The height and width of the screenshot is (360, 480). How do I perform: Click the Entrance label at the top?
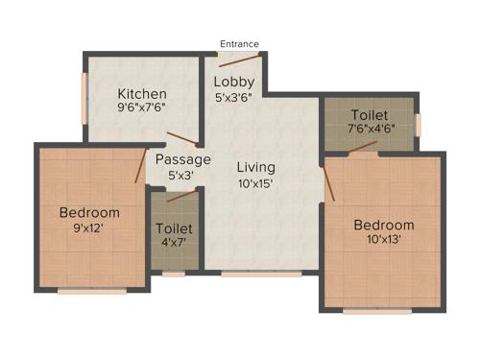[x=239, y=43]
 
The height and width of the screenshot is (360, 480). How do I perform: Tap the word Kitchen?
[x=142, y=93]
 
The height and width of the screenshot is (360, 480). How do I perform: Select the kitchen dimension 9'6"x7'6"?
[x=142, y=109]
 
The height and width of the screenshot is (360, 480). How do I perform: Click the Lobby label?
[x=233, y=81]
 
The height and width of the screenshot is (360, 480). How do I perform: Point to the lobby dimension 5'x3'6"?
[x=233, y=97]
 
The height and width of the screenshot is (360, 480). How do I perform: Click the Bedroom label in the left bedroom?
[x=88, y=212]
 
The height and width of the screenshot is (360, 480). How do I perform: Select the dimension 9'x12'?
[x=88, y=228]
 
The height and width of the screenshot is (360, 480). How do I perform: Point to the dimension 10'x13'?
[x=383, y=241]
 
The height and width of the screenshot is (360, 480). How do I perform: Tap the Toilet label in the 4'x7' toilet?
[x=174, y=228]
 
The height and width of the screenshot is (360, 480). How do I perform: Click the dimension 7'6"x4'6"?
[x=370, y=130]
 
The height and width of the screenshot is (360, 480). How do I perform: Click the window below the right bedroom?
[x=376, y=310]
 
